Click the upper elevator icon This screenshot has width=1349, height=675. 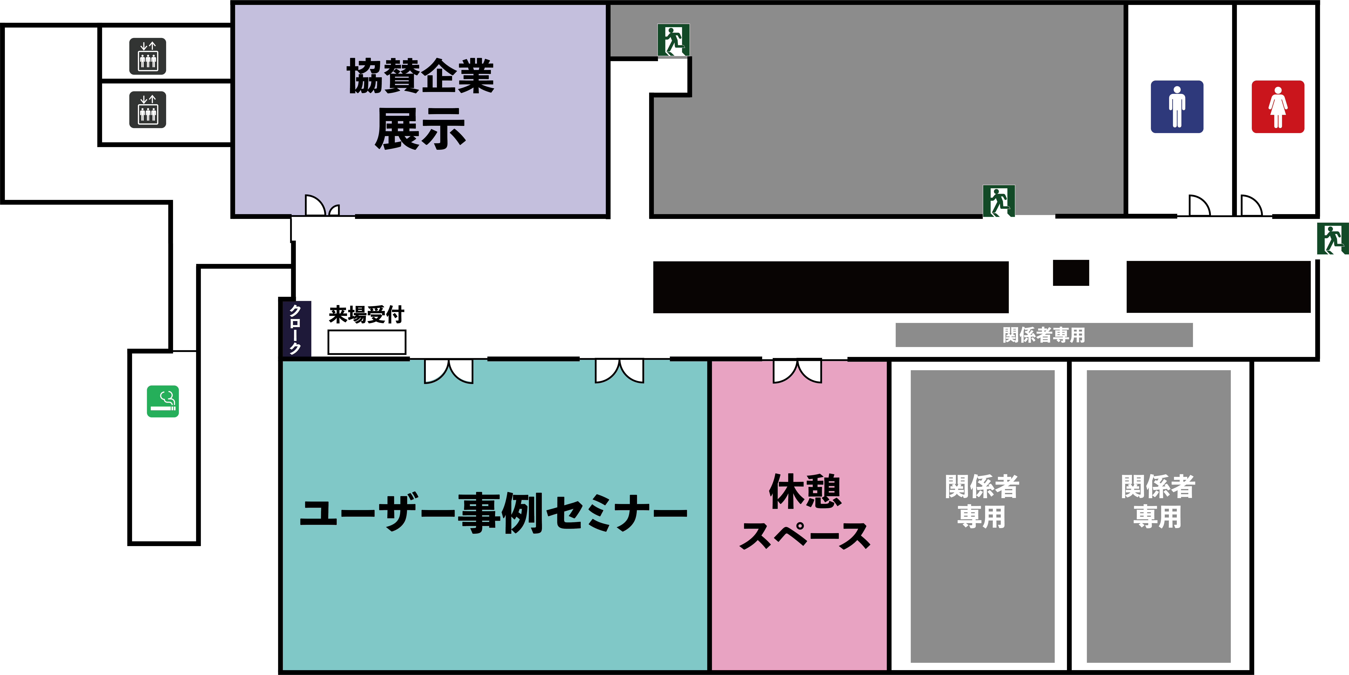click(148, 56)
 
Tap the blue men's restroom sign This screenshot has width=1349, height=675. click(1177, 107)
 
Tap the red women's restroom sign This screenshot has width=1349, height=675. click(1278, 107)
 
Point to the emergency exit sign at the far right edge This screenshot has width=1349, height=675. click(1332, 239)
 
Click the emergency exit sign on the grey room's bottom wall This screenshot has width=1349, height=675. click(999, 201)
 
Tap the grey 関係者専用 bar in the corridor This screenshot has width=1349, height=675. click(1044, 335)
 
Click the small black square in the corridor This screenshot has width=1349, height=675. click(1071, 273)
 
